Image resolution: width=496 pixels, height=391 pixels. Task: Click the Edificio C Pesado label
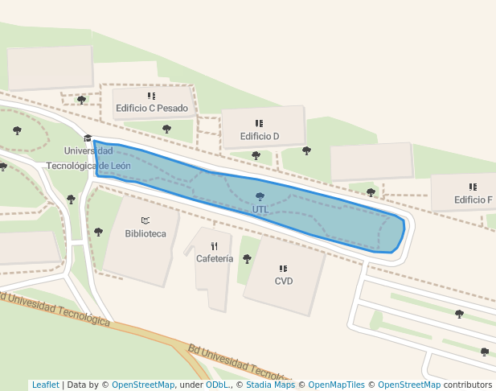tap(152, 109)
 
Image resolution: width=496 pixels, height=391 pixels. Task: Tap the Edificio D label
tap(259, 136)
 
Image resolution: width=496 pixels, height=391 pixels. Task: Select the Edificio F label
tap(473, 200)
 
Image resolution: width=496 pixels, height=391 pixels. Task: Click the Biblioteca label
tap(146, 233)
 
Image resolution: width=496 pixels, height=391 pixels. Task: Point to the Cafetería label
tap(215, 259)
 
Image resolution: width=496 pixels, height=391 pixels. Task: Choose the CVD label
tap(283, 282)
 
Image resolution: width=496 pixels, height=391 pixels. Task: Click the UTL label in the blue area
tap(260, 209)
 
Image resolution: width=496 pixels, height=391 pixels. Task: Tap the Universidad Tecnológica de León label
tap(88, 158)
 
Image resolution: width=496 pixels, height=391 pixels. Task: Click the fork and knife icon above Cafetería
tap(215, 246)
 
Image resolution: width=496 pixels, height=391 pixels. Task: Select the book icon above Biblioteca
tap(146, 220)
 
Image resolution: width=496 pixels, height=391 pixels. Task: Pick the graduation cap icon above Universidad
tap(88, 138)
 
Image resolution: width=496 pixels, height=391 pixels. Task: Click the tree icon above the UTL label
tap(260, 196)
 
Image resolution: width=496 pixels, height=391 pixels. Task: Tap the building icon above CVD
tap(283, 269)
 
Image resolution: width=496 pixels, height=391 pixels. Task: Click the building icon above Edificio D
tap(259, 123)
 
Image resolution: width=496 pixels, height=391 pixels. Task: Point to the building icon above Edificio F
tap(473, 187)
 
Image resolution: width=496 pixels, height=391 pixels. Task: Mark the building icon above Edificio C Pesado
tap(151, 96)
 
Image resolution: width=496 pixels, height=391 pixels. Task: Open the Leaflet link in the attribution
tap(45, 385)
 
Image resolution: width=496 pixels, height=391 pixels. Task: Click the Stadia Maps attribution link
tap(271, 385)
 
